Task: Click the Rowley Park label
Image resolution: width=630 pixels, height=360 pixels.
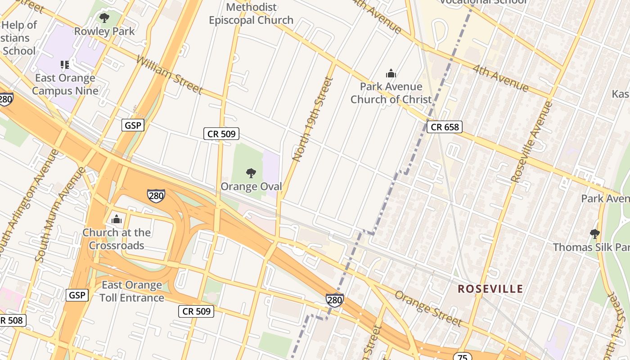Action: coord(104,31)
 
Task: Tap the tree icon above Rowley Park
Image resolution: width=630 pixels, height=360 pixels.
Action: coord(104,18)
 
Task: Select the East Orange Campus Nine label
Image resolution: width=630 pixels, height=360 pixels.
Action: coord(65,84)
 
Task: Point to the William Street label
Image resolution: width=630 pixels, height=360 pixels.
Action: coord(169,75)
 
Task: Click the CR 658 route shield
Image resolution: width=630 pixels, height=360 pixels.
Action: coord(445,127)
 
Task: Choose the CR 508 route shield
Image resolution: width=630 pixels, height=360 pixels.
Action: coord(12,320)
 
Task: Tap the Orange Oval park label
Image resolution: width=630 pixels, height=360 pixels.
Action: coord(251,186)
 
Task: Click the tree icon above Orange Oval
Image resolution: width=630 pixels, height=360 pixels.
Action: coord(251,173)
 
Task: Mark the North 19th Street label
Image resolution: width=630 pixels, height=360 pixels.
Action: coord(313,119)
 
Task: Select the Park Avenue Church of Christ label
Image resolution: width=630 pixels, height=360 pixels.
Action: coord(391,93)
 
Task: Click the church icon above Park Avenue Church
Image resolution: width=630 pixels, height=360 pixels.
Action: coord(391,73)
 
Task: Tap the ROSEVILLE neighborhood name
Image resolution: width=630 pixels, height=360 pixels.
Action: coord(490,289)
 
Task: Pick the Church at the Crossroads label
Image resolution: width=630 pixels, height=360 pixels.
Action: coord(117,239)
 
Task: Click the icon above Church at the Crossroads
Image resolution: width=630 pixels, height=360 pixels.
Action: coord(117,220)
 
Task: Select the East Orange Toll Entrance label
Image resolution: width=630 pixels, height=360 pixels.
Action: coord(131,291)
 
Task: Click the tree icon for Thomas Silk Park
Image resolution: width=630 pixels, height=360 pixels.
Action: coord(594,234)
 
